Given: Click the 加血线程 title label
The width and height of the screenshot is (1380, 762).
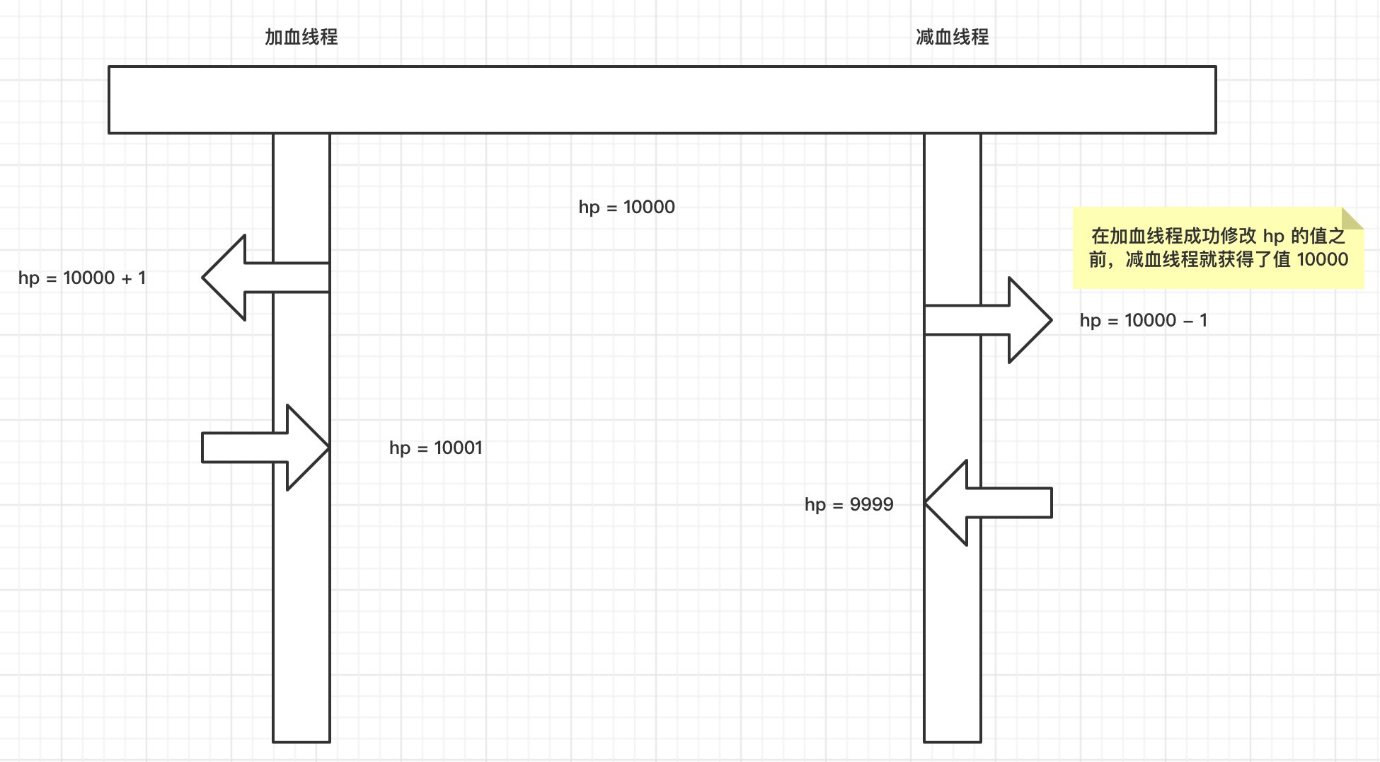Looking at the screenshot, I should pos(301,37).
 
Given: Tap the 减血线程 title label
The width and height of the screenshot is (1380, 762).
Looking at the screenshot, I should pos(952,37).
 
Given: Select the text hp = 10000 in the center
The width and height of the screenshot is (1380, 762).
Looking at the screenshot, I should pos(626,207).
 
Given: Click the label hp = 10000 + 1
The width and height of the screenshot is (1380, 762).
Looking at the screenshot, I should pos(82,278).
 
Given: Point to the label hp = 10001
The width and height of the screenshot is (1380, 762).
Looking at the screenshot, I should pos(436,448).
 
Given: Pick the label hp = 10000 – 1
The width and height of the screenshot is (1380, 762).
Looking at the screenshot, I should pos(1143,320).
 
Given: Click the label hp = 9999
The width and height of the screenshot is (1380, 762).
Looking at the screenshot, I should pos(849,504).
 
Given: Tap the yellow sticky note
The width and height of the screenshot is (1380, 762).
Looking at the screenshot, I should pos(1217,248).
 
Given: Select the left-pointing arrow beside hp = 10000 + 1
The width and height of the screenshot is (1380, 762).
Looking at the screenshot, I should pos(255,278).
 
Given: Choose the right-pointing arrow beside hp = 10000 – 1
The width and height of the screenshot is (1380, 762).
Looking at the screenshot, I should pos(998,320).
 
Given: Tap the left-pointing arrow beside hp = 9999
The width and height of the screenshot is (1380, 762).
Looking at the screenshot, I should pos(998,503).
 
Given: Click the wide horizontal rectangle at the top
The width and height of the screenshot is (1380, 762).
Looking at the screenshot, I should pos(662,100).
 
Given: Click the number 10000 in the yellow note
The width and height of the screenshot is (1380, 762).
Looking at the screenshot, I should pos(1322,259).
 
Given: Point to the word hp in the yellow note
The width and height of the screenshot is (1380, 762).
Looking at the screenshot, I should pos(1273,236).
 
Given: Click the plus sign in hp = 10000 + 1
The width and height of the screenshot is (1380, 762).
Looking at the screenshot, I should pos(127,278).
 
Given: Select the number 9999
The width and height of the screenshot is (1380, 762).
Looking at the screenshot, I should pos(871,504).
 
